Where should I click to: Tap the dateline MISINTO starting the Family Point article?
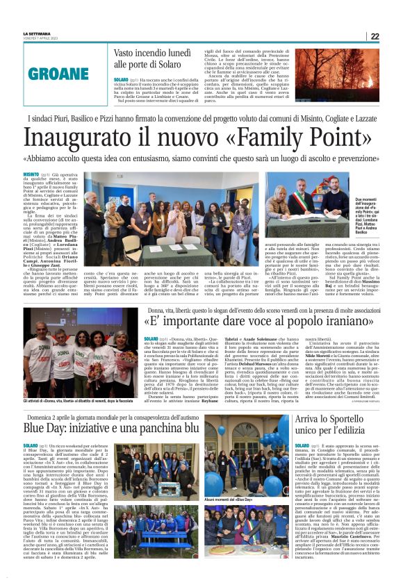(x=31, y=175)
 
